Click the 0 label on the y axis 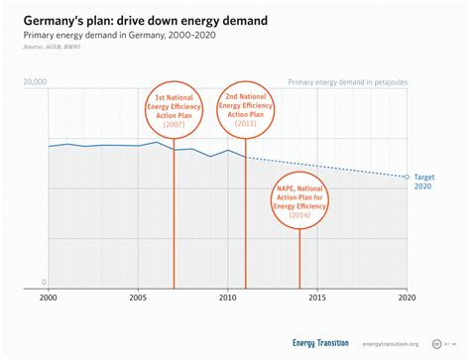click(45, 283)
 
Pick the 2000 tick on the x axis click(48, 298)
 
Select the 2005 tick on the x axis click(138, 298)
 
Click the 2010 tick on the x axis click(227, 298)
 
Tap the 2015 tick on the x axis click(317, 298)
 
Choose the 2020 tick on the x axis click(407, 298)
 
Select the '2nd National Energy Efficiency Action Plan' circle click(245, 101)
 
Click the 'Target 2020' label click(422, 180)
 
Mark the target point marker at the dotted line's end click(407, 177)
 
